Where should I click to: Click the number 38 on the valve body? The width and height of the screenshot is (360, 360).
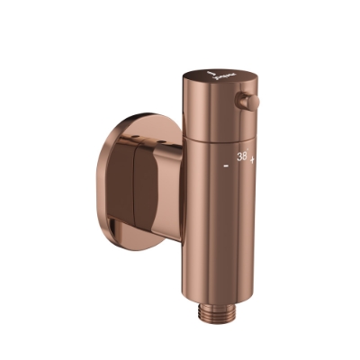(x=241, y=157)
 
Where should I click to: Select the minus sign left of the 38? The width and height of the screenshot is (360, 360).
(x=225, y=166)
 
